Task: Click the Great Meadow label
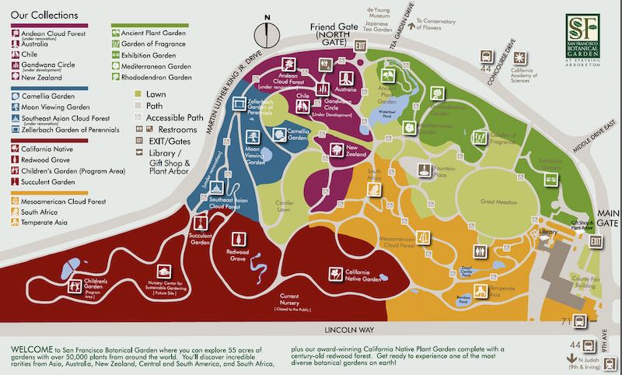click(x=498, y=202)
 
